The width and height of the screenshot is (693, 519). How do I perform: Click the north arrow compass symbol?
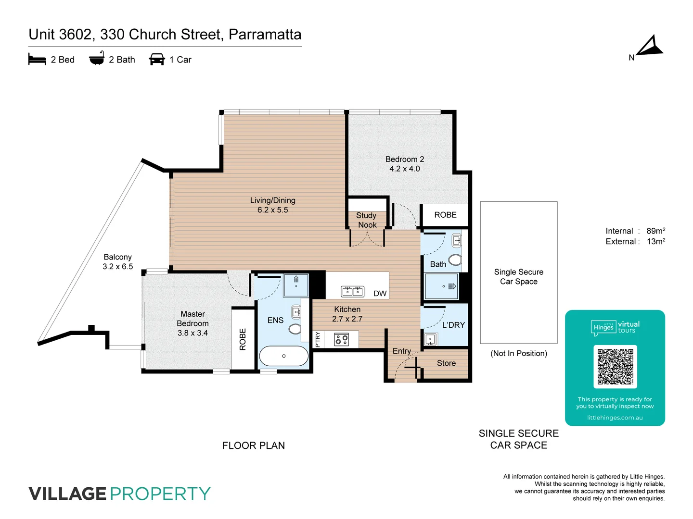(650, 47)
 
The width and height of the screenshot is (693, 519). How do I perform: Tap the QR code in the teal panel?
(615, 367)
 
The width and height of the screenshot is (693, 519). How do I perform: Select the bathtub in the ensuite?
(283, 356)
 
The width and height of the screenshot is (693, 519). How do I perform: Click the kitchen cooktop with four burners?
(342, 340)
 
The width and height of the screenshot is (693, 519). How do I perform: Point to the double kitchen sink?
(352, 291)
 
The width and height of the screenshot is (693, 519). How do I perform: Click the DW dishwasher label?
(380, 294)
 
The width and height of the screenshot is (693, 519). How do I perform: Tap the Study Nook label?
(367, 220)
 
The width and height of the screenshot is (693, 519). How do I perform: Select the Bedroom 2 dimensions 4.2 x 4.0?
(404, 169)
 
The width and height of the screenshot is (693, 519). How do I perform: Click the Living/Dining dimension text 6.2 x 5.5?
(272, 210)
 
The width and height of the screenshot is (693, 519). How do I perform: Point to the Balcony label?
(117, 257)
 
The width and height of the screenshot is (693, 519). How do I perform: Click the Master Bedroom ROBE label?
(243, 339)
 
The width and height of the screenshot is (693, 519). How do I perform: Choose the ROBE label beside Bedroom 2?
(445, 215)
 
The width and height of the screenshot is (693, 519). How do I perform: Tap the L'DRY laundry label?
(453, 325)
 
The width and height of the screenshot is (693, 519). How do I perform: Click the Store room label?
(446, 363)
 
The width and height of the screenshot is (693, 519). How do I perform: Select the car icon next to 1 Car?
(157, 60)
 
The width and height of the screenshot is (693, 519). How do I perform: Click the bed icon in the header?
(37, 60)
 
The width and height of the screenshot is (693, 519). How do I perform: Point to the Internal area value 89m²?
(655, 231)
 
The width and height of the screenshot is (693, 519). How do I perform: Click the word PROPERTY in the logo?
(160, 494)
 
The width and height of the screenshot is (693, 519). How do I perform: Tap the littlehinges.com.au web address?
(615, 418)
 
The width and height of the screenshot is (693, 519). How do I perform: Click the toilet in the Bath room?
(455, 260)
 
